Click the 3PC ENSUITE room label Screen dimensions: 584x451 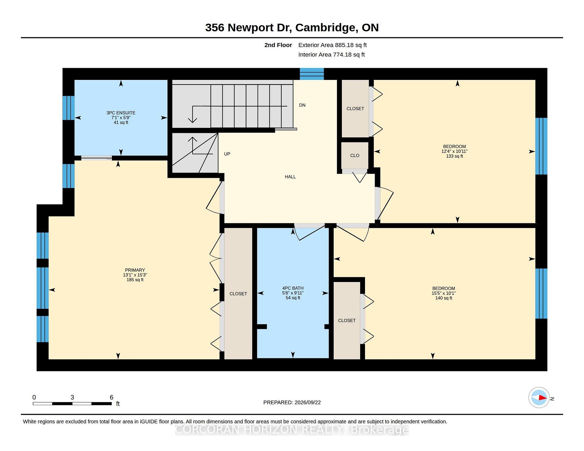click(x=121, y=113)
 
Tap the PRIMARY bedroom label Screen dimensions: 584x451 click(x=135, y=270)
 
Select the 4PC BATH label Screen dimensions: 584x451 click(x=293, y=288)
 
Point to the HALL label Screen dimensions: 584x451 click(x=290, y=177)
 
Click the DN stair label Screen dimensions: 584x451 click(x=302, y=105)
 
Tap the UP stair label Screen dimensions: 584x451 click(x=227, y=154)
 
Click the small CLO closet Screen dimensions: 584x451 click(x=355, y=156)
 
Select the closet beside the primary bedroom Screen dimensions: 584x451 click(x=238, y=294)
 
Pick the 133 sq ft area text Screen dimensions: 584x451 click(x=454, y=156)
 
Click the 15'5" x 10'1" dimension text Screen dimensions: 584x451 click(x=443, y=293)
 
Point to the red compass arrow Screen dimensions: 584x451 click(x=543, y=398)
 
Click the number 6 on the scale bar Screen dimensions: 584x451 click(x=111, y=397)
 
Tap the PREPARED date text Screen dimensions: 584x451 click(x=292, y=402)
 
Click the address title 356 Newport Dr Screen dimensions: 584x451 click(x=249, y=28)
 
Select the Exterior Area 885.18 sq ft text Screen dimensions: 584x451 click(x=332, y=45)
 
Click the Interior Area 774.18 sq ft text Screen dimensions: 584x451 click(x=331, y=55)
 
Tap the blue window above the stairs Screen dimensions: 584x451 click(x=312, y=74)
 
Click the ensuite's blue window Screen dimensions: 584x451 click(x=68, y=108)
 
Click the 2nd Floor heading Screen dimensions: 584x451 click(x=278, y=45)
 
